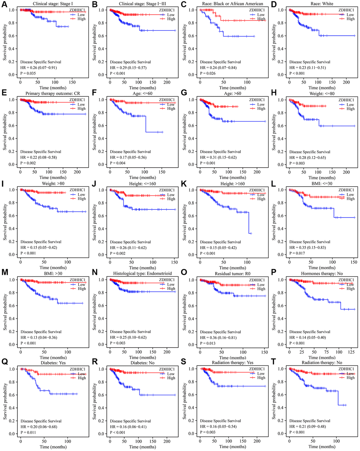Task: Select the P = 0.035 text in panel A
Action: point(28,73)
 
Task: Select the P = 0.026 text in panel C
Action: point(208,73)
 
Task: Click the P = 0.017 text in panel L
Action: point(298,253)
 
